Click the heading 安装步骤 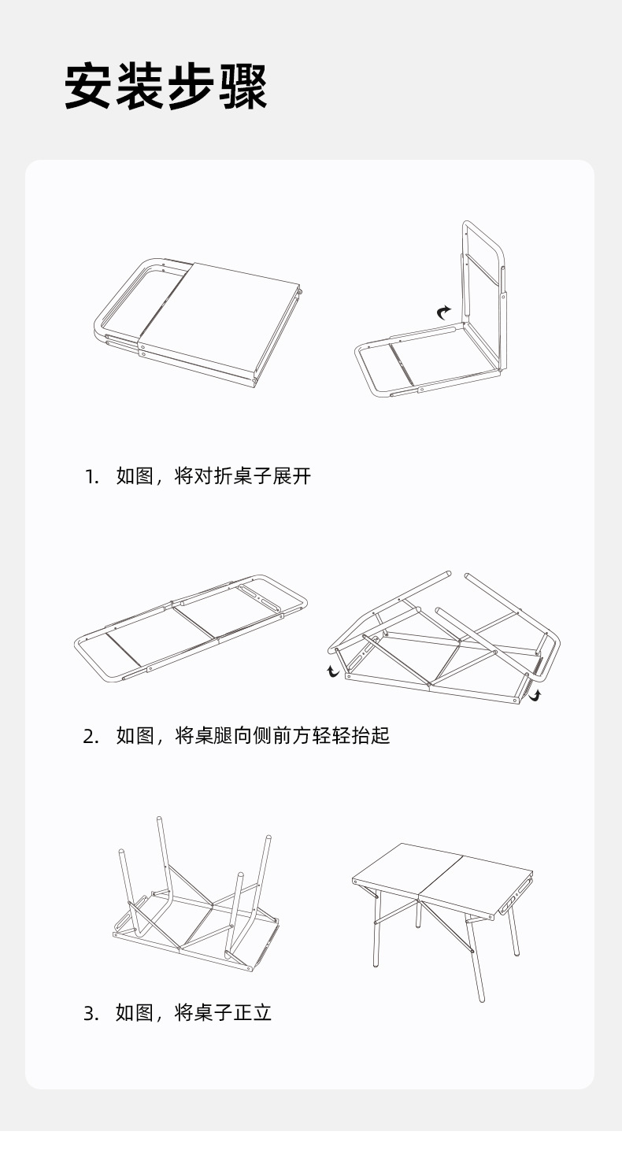click(166, 87)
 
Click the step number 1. click(91, 476)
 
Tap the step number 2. click(91, 737)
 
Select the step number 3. click(91, 1013)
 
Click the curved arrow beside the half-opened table click(445, 312)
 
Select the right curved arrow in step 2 click(536, 695)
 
